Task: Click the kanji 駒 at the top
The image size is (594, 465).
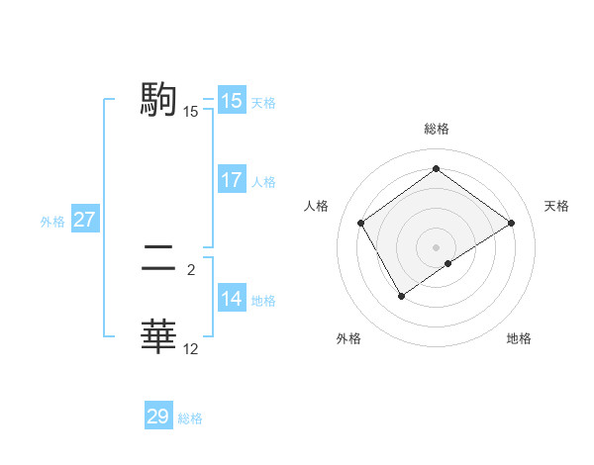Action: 159,98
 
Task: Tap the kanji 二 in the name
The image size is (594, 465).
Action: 159,261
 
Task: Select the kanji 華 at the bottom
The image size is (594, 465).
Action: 159,335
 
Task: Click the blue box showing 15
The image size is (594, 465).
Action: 231,101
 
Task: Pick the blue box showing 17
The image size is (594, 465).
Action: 231,180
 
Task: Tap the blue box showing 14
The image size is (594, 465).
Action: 231,299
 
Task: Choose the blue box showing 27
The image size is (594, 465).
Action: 84,220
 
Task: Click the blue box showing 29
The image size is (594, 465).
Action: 157,417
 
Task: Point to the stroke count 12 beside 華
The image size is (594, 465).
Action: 191,348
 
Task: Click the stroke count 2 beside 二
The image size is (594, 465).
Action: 191,267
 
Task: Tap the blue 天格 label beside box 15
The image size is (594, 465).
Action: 263,102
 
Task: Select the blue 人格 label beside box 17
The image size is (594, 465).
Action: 263,181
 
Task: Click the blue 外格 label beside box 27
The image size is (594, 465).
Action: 52,222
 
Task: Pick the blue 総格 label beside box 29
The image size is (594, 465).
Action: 190,418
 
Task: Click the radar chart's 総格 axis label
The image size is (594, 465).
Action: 436,129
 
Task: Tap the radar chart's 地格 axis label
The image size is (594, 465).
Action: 519,338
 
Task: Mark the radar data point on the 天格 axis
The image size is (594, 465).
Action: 511,224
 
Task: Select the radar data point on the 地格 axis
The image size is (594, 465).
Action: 448,263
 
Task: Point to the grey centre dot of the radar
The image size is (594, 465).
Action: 436,246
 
